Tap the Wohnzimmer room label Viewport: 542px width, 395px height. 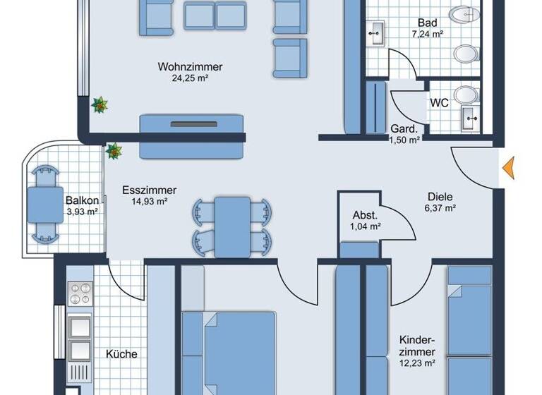pos(190,67)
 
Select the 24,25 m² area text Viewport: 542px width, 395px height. pos(190,78)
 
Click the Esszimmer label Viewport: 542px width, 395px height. pos(149,190)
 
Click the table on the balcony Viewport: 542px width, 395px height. pos(44,205)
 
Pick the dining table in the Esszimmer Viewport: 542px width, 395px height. pos(232,226)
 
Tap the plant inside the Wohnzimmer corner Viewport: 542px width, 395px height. pos(100,104)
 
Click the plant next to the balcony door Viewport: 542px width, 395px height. pos(114,150)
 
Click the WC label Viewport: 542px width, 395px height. pos(440,103)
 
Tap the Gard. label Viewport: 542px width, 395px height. pos(404,129)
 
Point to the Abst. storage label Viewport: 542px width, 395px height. pos(366,216)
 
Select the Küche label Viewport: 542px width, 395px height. pos(121,354)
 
